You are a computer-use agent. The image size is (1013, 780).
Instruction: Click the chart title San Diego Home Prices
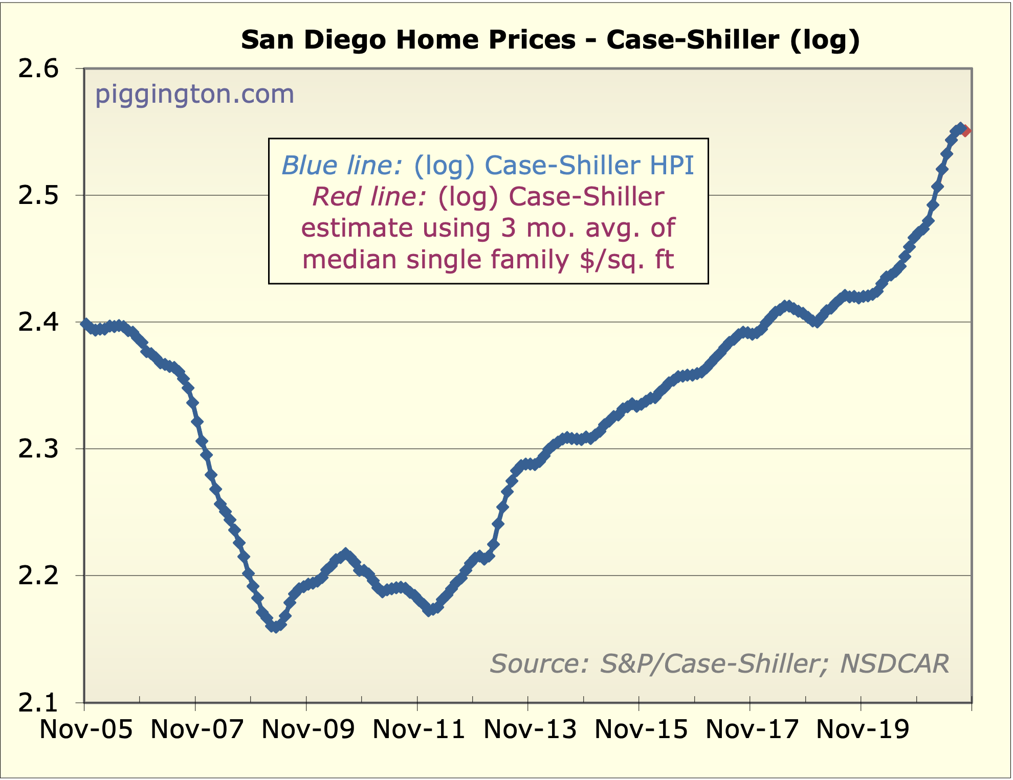[x=550, y=40]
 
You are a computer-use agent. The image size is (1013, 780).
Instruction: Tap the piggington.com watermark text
[x=194, y=94]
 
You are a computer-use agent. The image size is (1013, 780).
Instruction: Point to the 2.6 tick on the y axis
[x=39, y=69]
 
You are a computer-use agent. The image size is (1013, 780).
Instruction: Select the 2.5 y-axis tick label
[x=39, y=196]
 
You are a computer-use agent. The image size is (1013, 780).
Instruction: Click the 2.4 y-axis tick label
[x=39, y=323]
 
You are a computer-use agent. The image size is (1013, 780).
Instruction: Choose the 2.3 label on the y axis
[x=39, y=449]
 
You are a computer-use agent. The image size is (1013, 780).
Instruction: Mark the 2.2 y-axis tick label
[x=39, y=576]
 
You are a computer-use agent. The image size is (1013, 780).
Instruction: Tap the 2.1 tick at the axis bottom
[x=39, y=703]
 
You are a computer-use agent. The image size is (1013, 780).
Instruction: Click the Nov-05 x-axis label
[x=86, y=729]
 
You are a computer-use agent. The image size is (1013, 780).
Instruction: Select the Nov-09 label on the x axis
[x=308, y=729]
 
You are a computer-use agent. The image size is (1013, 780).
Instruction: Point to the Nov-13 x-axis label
[x=530, y=729]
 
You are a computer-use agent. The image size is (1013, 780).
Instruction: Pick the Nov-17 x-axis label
[x=752, y=729]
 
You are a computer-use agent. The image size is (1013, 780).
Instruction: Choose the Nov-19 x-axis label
[x=863, y=729]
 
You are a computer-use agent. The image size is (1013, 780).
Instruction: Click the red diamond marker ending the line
[x=965, y=131]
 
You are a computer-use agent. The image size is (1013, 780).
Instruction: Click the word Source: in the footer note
[x=539, y=664]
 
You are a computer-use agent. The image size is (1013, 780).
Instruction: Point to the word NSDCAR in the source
[x=894, y=664]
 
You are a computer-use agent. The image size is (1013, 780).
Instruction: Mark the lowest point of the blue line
[x=276, y=627]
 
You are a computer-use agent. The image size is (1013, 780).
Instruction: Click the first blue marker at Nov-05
[x=85, y=323]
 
